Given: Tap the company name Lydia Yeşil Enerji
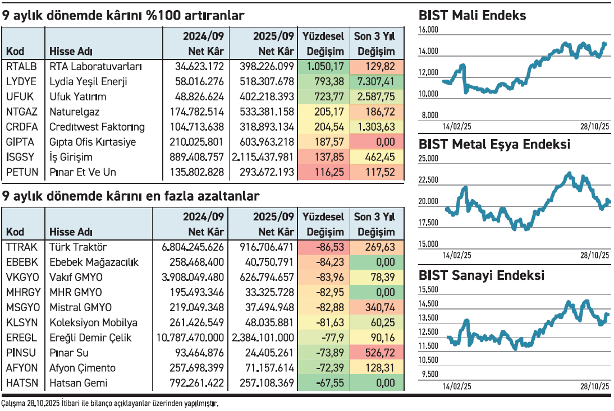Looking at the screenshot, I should click(x=88, y=82).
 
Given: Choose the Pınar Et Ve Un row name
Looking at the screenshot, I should click(x=83, y=173).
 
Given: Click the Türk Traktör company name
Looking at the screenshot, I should click(x=78, y=247).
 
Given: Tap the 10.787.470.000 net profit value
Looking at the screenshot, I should click(x=193, y=338).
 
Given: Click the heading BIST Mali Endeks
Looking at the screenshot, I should click(x=472, y=16).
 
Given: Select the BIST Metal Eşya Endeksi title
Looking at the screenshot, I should click(x=494, y=145).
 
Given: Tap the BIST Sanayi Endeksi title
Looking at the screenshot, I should click(x=481, y=275).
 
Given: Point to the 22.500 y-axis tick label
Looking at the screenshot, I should click(x=429, y=180).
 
